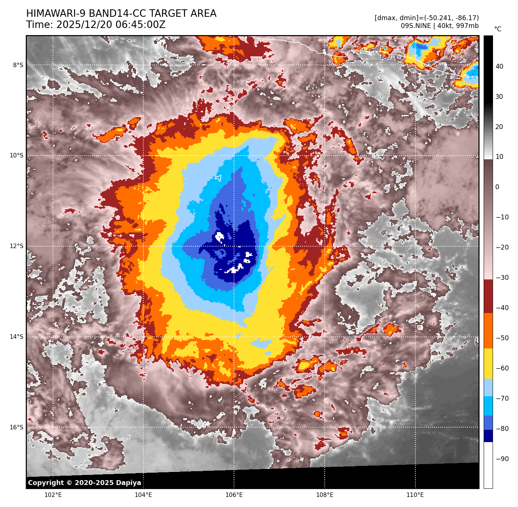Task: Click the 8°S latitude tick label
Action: coord(18,65)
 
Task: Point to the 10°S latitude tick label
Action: coord(16,156)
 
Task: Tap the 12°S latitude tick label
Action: coord(16,246)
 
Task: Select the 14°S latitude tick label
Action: coord(16,337)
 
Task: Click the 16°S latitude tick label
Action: coord(16,428)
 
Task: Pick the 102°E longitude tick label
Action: coord(53,495)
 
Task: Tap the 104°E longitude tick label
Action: coord(143,495)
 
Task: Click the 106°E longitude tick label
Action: coord(234,495)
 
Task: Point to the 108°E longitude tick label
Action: coord(325,495)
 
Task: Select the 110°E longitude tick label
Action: coord(415,495)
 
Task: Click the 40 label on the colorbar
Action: coord(499,66)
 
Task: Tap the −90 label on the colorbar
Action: coord(502,459)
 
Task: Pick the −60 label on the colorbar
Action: coord(502,368)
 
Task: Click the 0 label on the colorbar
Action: coord(497,187)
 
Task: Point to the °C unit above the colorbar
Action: coord(498,29)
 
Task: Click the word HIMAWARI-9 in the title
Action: coord(56,14)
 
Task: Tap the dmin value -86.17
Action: coord(466,18)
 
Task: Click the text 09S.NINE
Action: coord(415,26)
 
